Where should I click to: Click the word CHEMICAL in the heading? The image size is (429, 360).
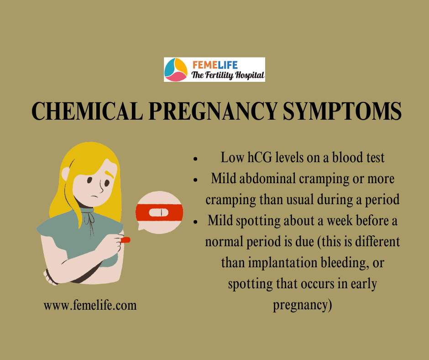point(87,111)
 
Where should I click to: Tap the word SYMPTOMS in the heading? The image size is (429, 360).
point(342,111)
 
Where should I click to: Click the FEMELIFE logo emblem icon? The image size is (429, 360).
point(176,69)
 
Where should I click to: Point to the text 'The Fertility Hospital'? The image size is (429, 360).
point(228,75)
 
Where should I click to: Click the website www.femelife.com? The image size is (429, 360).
point(90,305)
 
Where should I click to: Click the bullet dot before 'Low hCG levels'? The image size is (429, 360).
point(195,159)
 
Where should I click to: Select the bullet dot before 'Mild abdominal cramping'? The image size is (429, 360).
point(195,180)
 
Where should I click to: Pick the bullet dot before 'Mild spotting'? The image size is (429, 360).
point(195,222)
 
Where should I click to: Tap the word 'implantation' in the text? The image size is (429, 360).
point(283,263)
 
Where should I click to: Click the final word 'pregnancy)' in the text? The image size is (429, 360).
point(302,305)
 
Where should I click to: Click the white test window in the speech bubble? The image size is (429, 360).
point(159,212)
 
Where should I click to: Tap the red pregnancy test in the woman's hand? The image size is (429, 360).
point(126,240)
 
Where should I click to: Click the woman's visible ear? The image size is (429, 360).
point(66,174)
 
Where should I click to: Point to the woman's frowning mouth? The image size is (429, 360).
point(94,196)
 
